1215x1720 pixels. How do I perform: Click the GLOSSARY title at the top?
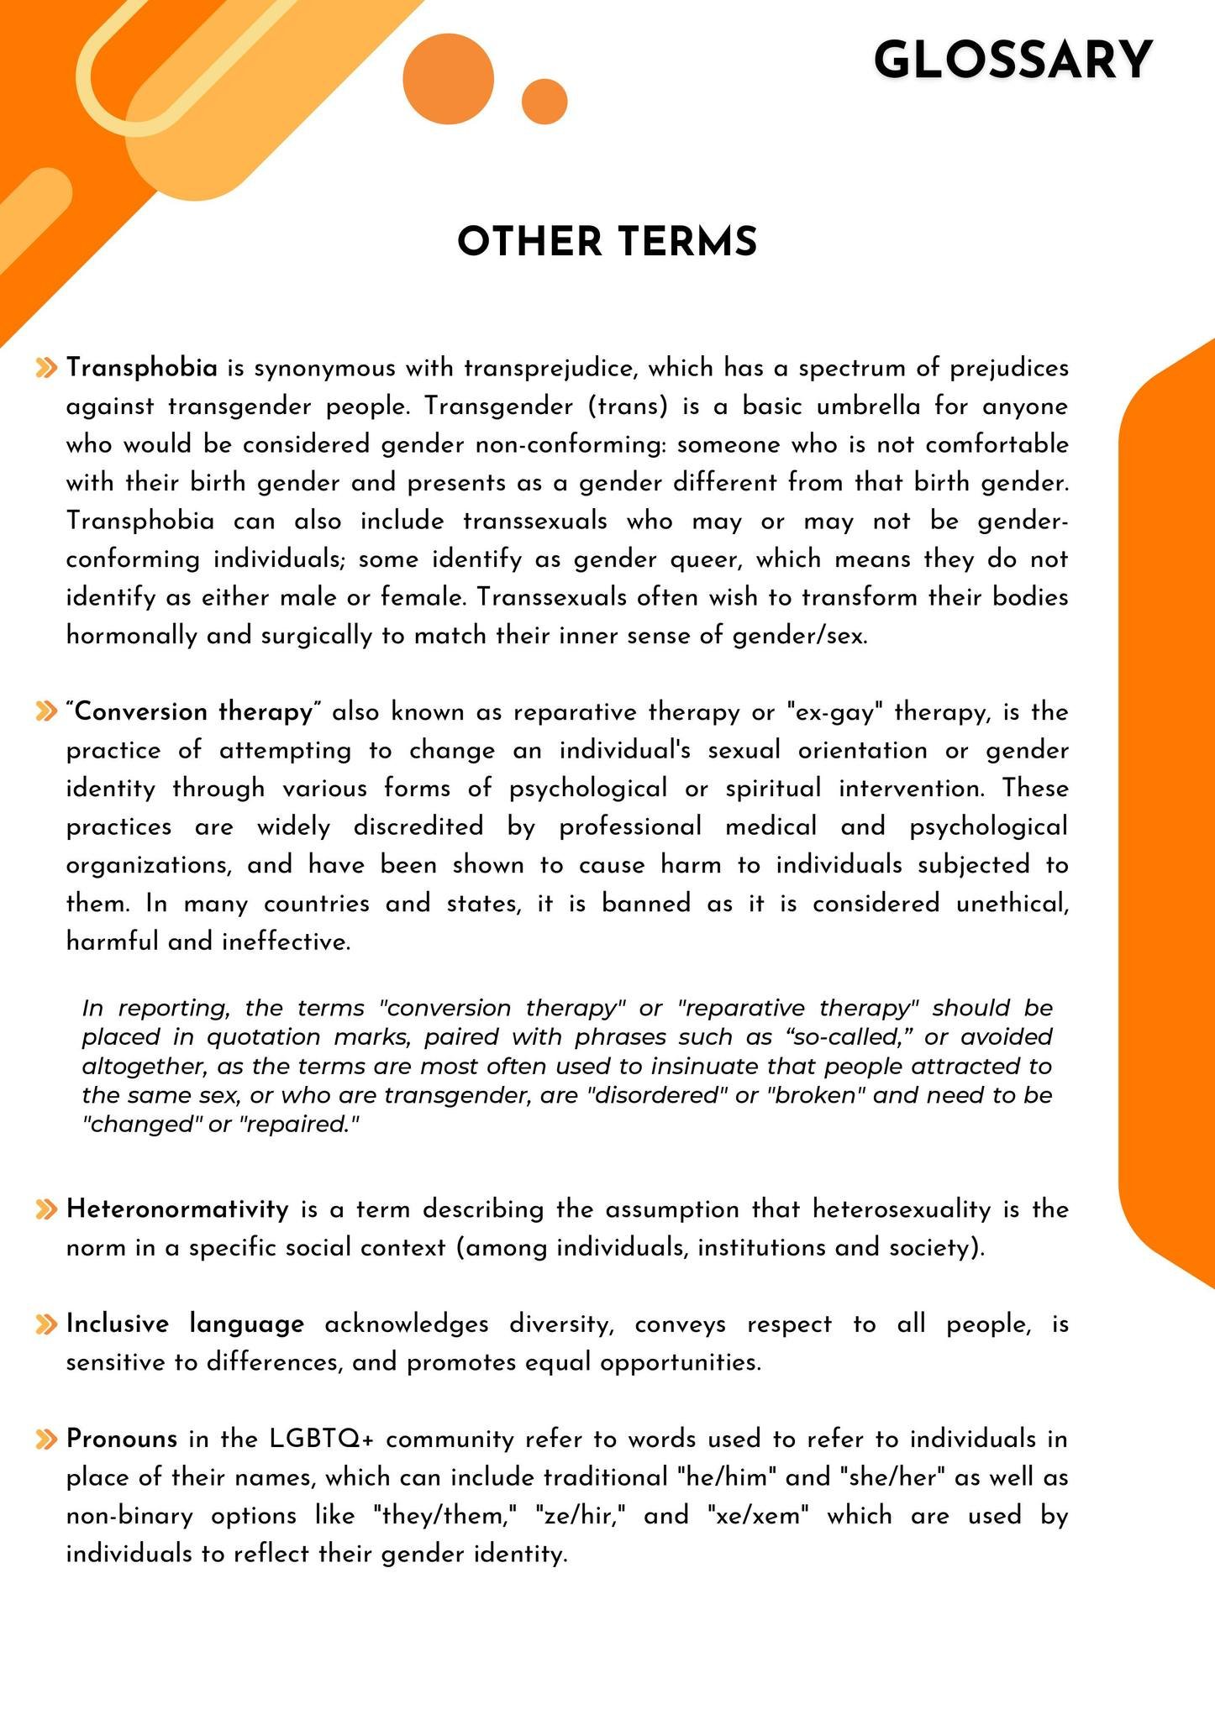(1012, 61)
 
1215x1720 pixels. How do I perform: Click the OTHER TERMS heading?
(607, 242)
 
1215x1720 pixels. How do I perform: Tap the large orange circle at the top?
(448, 80)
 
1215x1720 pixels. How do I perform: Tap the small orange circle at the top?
(544, 102)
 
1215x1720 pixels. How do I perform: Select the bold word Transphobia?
(142, 368)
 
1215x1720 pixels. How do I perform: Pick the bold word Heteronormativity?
(177, 1209)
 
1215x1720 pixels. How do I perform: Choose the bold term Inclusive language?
(185, 1324)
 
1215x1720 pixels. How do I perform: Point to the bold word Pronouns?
(122, 1439)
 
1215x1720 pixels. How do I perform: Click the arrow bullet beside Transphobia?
(47, 368)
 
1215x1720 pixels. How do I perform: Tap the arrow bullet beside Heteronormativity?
(47, 1209)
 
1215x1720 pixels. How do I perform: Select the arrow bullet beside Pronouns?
(47, 1439)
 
